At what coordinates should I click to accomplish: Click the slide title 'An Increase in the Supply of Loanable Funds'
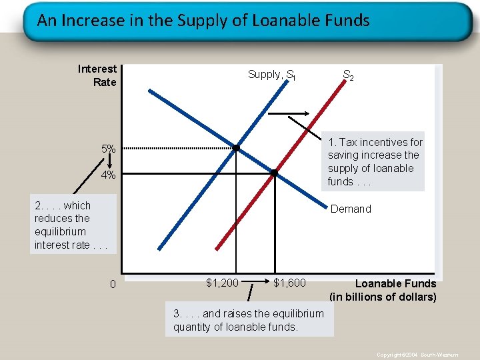(203, 20)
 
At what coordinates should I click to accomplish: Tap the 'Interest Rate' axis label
(97, 75)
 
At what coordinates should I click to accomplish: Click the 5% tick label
(109, 148)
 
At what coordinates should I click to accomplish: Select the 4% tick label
(109, 175)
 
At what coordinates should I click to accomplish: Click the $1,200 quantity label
(222, 283)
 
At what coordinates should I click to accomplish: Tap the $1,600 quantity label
(289, 283)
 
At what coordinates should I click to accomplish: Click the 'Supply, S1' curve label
(271, 75)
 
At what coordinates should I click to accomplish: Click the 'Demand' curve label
(351, 209)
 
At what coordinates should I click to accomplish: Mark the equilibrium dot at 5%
(236, 147)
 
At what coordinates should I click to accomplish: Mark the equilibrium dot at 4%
(274, 173)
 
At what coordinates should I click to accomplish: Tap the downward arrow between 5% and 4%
(109, 162)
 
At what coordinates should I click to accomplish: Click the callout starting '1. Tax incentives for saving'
(375, 161)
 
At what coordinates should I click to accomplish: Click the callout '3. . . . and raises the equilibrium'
(249, 319)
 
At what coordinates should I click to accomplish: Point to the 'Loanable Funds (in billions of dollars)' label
(383, 290)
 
